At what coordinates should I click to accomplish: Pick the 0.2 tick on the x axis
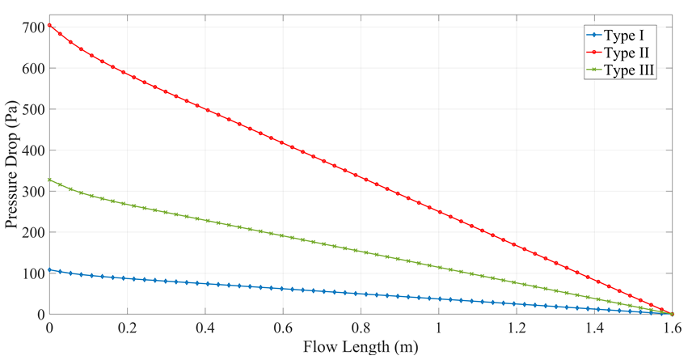tap(127, 329)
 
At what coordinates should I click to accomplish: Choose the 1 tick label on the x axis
tap(438, 329)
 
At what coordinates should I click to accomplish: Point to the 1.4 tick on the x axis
tap(594, 329)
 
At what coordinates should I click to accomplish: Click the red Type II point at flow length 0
tap(49, 25)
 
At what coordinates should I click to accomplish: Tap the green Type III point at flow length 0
tap(49, 180)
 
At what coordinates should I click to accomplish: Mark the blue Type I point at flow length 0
tap(49, 269)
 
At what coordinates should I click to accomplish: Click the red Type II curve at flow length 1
tap(438, 212)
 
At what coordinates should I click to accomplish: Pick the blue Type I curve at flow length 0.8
tap(361, 294)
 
